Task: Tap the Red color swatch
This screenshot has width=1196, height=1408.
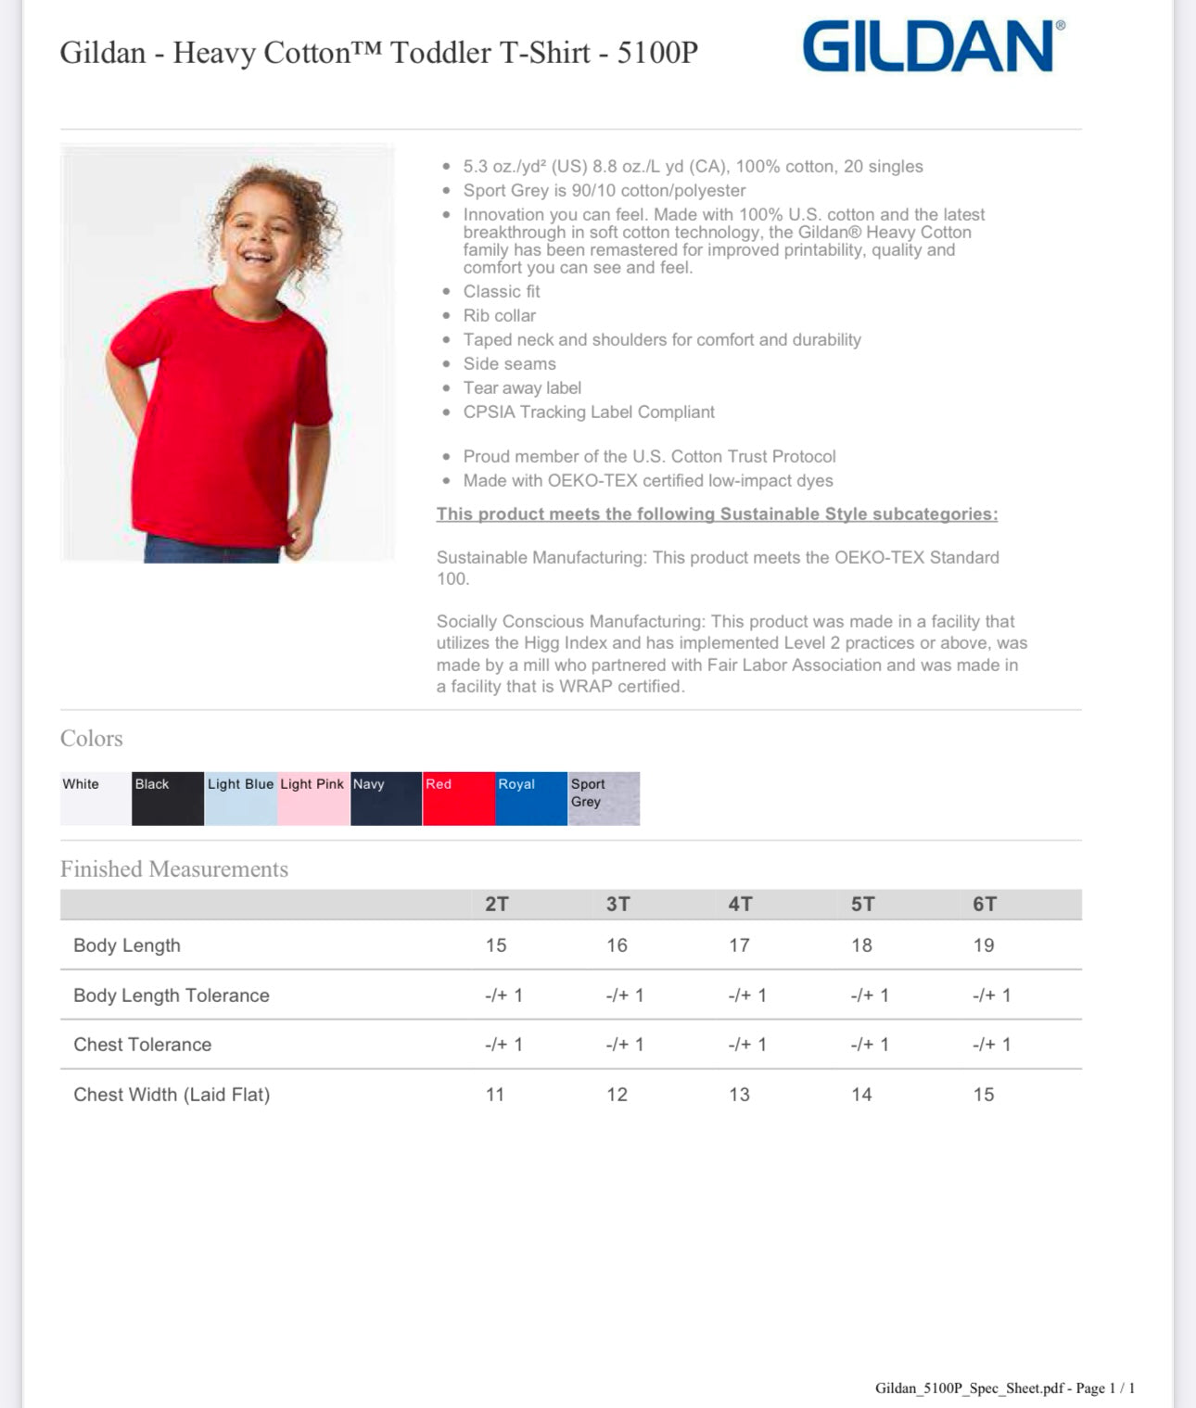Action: click(x=458, y=798)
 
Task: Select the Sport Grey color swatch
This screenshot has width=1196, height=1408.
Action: click(x=604, y=798)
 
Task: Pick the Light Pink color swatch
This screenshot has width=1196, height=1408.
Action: click(x=313, y=798)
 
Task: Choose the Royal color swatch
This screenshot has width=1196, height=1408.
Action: click(x=531, y=798)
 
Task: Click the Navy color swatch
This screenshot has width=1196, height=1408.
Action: click(x=386, y=798)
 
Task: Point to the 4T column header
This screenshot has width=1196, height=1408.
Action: click(x=740, y=904)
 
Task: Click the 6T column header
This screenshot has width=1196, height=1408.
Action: click(x=985, y=904)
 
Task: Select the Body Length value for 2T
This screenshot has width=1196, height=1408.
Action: click(x=496, y=945)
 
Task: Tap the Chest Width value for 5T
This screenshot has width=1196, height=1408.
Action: click(x=861, y=1095)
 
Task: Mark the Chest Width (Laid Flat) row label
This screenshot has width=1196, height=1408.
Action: click(x=172, y=1095)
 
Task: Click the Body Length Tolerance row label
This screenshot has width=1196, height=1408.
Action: click(x=172, y=996)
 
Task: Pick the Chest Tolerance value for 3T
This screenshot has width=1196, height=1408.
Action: click(x=625, y=1045)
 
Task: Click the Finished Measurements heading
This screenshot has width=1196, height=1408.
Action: click(x=174, y=869)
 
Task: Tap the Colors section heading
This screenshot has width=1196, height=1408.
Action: click(x=92, y=738)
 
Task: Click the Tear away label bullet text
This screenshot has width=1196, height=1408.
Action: click(x=522, y=387)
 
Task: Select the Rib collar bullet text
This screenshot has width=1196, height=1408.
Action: click(x=500, y=315)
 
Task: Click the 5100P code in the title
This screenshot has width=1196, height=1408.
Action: click(x=657, y=53)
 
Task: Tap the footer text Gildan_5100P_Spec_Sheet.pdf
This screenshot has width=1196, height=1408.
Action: click(x=969, y=1388)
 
